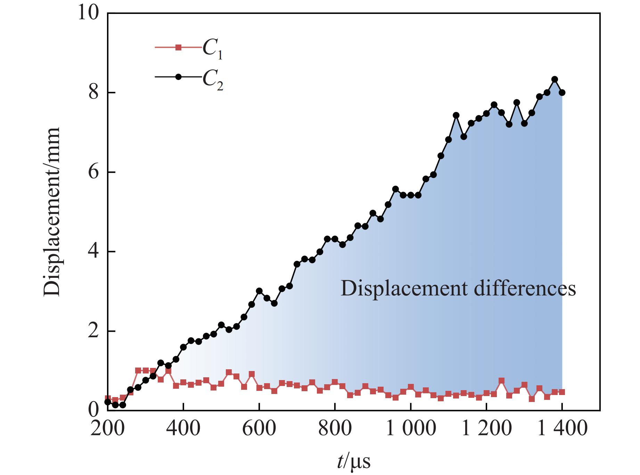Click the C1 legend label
point(212,51)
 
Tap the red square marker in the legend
point(178,47)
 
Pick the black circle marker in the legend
point(178,77)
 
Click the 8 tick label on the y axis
point(93,93)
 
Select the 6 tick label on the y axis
point(93,172)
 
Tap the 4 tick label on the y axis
point(93,252)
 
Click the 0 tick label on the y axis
point(93,411)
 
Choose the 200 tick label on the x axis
point(107,428)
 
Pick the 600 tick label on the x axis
point(259,428)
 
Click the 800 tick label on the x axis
point(335,428)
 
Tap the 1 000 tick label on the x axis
point(411,428)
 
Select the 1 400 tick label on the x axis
point(562,428)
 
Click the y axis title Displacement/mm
point(52,212)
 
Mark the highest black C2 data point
point(555,79)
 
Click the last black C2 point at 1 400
point(562,92)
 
